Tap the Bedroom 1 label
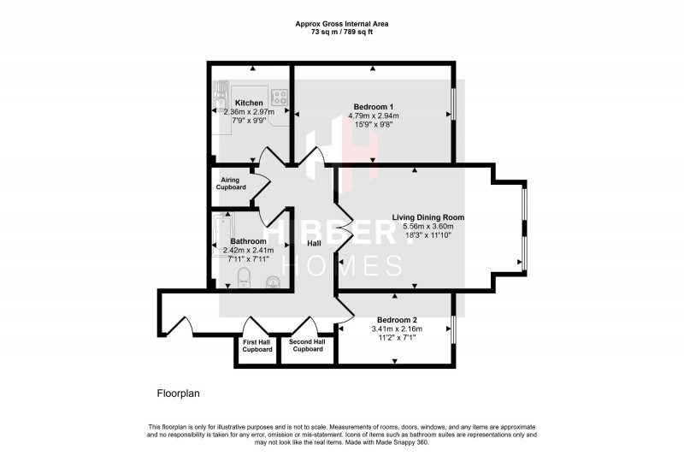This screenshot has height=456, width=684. coord(373,106)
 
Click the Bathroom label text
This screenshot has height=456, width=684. coord(248,241)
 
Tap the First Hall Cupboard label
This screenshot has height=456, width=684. coord(257,346)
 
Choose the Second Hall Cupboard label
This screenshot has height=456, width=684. coord(307,346)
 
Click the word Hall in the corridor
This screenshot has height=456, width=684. coord(315,244)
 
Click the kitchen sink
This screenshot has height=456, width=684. coord(220,92)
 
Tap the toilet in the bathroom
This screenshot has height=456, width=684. coord(243,275)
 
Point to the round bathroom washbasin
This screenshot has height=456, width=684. coord(273,279)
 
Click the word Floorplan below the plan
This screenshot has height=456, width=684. coord(177,394)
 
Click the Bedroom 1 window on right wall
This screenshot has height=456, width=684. coord(453,105)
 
